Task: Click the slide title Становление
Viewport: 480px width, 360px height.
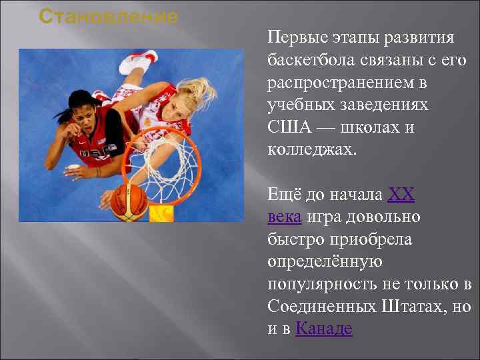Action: pos(108,16)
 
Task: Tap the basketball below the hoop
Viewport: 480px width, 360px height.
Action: pos(129,201)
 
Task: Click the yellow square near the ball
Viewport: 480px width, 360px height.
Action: pos(161,213)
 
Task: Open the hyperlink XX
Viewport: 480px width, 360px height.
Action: pos(401,195)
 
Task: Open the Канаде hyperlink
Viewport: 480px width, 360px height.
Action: pos(323,329)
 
